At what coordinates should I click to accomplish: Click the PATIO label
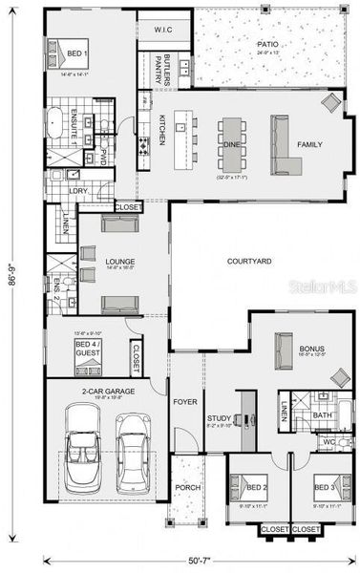pyautogui.click(x=266, y=44)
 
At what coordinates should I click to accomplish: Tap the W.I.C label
pyautogui.click(x=163, y=30)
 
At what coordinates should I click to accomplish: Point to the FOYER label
pyautogui.click(x=184, y=401)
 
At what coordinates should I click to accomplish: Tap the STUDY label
pyautogui.click(x=219, y=418)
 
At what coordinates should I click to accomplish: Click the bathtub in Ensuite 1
pyautogui.click(x=57, y=123)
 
